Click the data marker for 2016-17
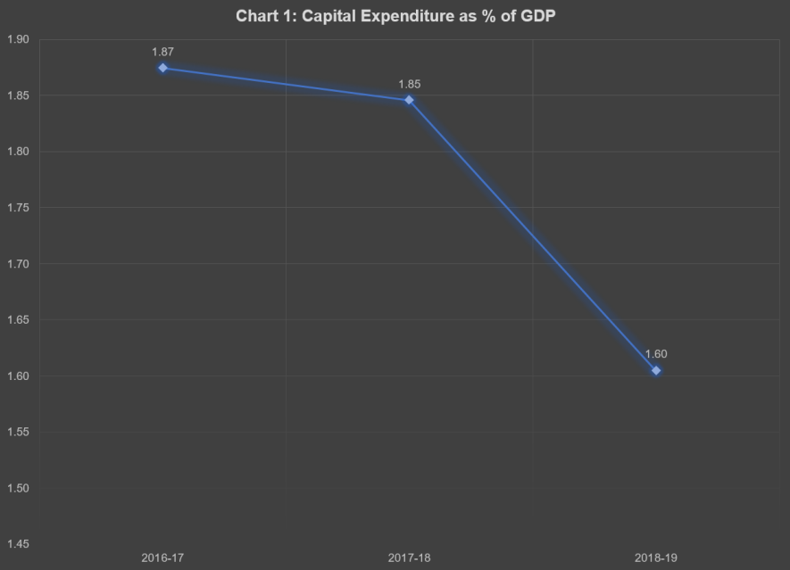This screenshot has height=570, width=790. [162, 68]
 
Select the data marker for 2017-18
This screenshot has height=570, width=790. [409, 100]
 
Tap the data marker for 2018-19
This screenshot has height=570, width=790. [656, 370]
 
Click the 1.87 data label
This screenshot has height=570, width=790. [162, 53]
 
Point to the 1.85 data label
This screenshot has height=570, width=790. [410, 85]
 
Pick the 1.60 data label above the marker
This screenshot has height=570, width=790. [656, 354]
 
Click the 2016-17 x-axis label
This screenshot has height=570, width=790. [162, 558]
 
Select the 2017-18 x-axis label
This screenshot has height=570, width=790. [409, 558]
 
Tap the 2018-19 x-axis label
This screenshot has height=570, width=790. [656, 558]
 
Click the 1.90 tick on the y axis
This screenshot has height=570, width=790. [18, 39]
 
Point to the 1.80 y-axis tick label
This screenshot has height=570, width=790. [18, 152]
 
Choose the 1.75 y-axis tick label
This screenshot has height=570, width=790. [18, 208]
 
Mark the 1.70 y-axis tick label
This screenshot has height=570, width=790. [18, 264]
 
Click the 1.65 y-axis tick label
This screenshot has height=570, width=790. [18, 320]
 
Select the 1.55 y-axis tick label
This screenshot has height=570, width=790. [18, 433]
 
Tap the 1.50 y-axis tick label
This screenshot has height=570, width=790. [18, 489]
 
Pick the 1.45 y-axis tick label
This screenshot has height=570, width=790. [18, 544]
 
